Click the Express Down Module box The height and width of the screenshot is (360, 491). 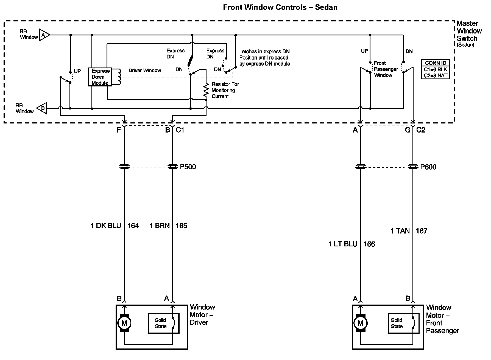pos(100,77)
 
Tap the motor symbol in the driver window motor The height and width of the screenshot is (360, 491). pos(124,323)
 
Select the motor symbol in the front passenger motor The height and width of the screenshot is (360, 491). pos(360,323)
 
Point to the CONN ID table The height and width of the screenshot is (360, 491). pos(435,70)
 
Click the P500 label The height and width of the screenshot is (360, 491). pos(188,167)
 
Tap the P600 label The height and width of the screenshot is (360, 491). pos(428,167)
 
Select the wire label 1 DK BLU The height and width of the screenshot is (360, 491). pos(106,226)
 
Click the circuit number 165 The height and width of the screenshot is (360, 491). pos(182,226)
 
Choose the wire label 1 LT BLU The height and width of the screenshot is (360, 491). pos(343,244)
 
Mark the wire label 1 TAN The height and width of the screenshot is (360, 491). pos(400,231)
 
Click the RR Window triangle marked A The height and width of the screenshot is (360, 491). pos(44,35)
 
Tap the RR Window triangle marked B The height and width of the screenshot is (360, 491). pos(42,108)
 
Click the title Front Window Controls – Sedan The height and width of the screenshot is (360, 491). pos(280,7)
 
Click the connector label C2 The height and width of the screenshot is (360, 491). pos(421,130)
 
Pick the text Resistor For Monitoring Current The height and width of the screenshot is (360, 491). pos(225,90)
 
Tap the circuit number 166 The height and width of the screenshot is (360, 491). pos(369,244)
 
